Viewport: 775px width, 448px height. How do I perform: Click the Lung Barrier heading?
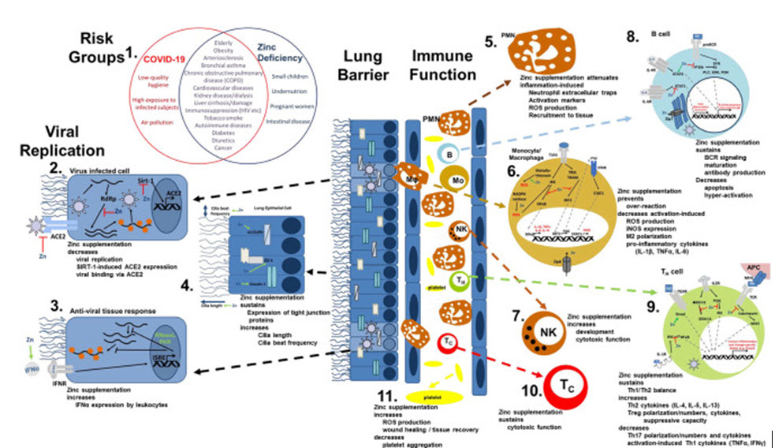click(x=362, y=65)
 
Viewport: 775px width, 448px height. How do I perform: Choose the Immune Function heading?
click(x=445, y=65)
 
